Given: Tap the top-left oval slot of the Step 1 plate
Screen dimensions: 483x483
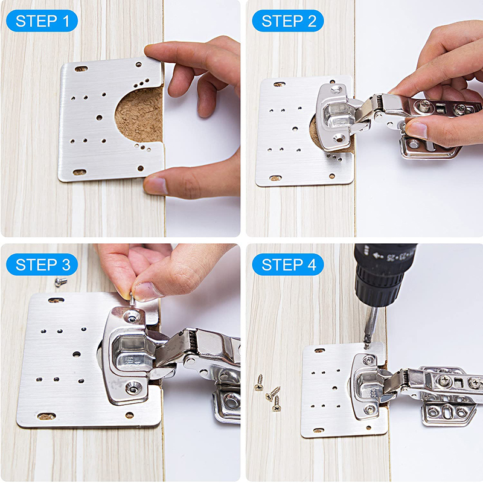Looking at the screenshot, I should pyautogui.click(x=80, y=69).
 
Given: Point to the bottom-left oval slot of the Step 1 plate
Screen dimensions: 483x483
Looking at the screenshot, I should pyautogui.click(x=79, y=172).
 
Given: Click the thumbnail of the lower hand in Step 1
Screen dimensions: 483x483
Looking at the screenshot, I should pyautogui.click(x=156, y=185).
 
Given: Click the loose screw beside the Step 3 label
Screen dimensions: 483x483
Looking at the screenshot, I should pyautogui.click(x=60, y=282).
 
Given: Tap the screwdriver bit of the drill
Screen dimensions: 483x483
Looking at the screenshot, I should pyautogui.click(x=371, y=326).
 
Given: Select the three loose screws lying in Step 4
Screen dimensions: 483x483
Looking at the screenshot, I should pyautogui.click(x=268, y=392).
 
